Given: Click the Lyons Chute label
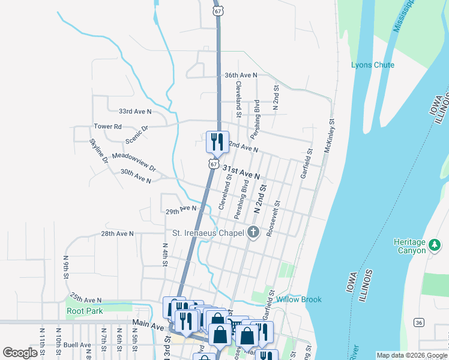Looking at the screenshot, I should (373, 65).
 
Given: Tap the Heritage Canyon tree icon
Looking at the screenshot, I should (434, 244).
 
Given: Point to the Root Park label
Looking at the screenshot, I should (85, 311).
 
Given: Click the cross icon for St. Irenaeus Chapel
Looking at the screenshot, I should (253, 233).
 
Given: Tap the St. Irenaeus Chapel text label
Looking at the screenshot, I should (208, 233).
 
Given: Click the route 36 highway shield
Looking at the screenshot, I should (419, 323).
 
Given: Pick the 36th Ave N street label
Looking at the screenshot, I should (240, 75).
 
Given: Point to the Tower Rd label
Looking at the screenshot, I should (107, 127).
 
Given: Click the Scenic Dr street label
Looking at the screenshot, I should (137, 135).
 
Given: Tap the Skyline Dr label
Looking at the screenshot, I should (98, 151).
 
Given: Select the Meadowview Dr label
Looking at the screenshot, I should (133, 161).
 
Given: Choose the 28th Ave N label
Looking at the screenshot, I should (117, 233).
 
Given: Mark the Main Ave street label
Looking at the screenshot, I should (148, 325).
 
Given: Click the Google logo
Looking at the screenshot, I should (20, 353).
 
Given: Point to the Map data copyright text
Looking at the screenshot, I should (412, 355).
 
